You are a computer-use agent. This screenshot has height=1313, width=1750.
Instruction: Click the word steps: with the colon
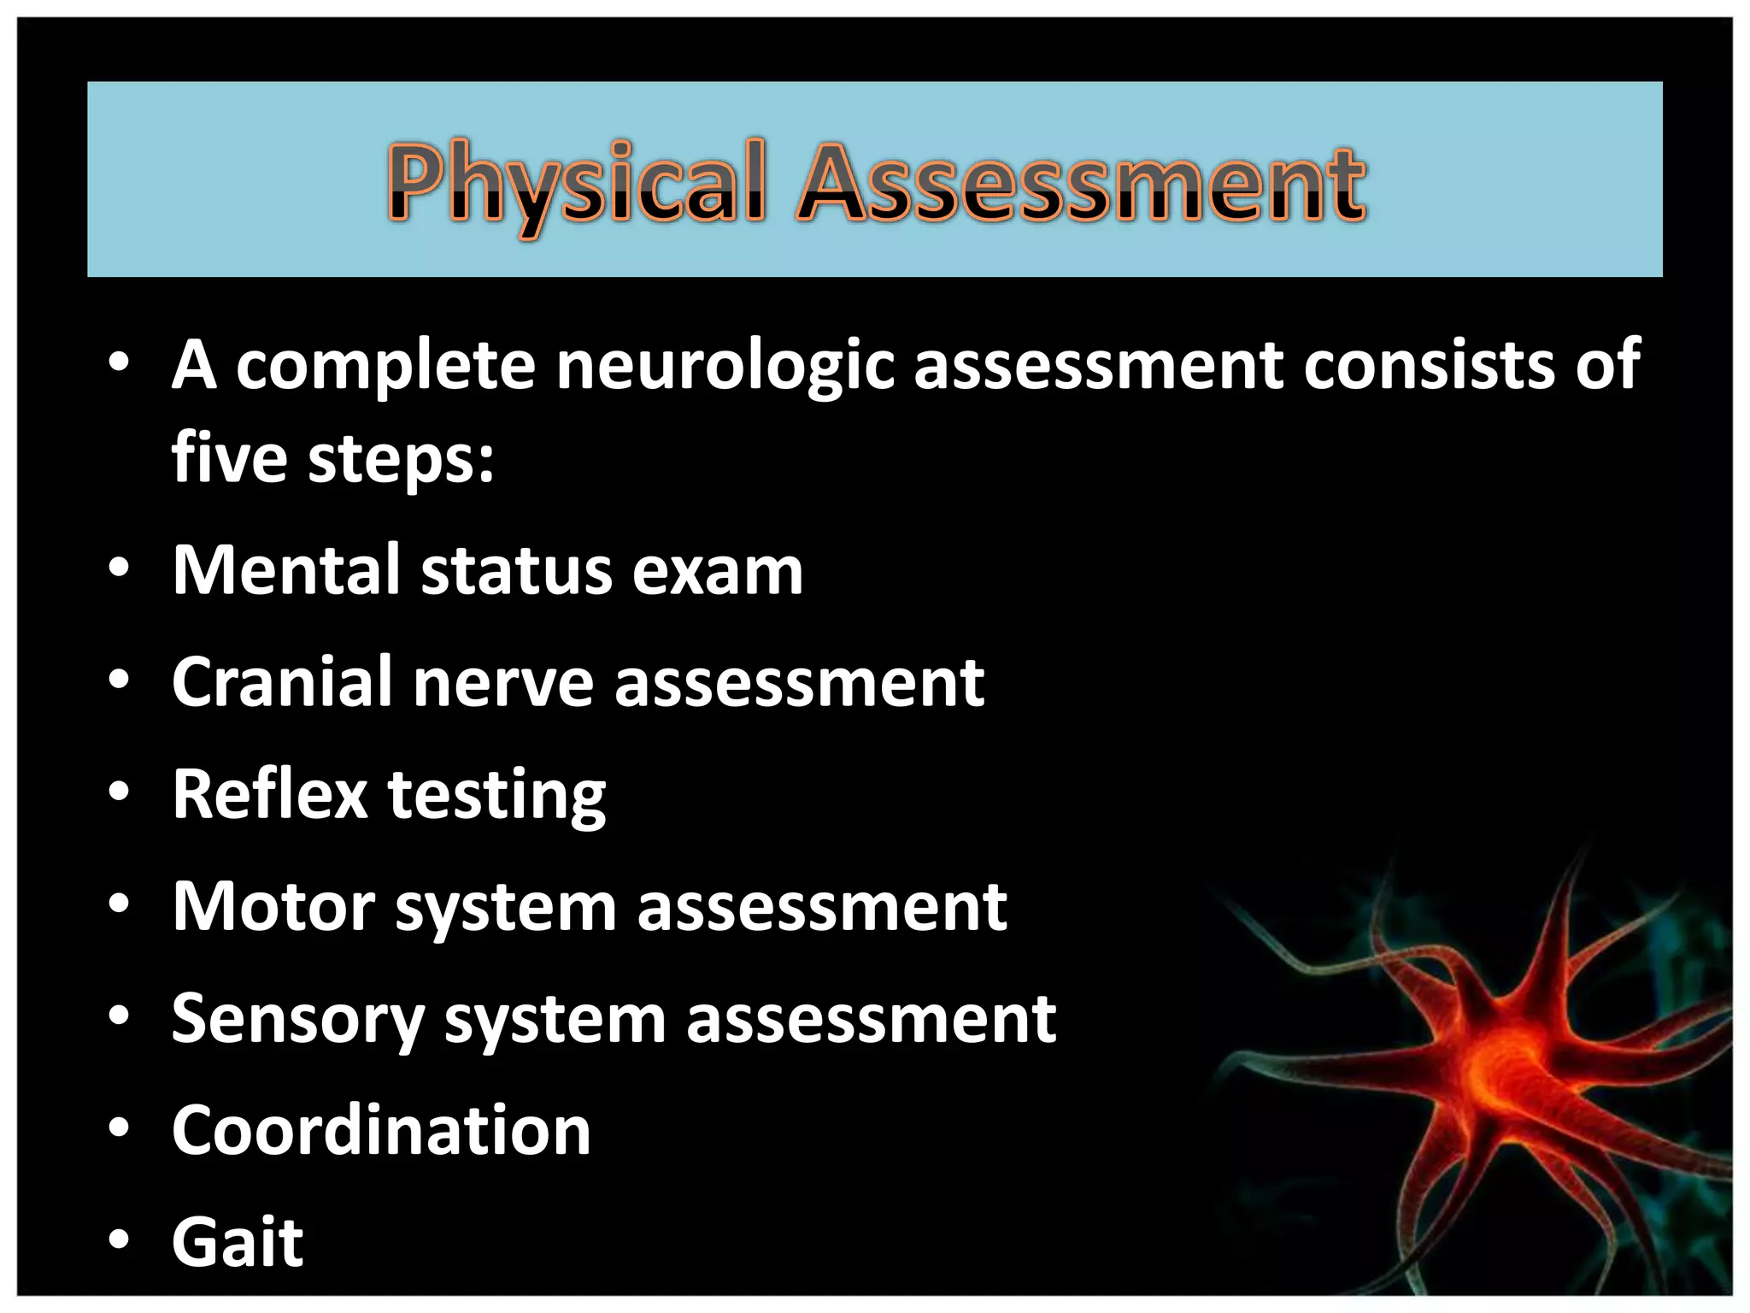tap(401, 460)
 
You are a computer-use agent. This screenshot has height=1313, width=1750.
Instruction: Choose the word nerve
tap(503, 684)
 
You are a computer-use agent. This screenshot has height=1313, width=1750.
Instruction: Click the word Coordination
tap(381, 1130)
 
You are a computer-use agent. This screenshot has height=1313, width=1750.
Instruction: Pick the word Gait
tap(238, 1242)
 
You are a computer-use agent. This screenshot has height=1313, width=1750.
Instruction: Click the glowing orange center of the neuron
tap(1491, 1069)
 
